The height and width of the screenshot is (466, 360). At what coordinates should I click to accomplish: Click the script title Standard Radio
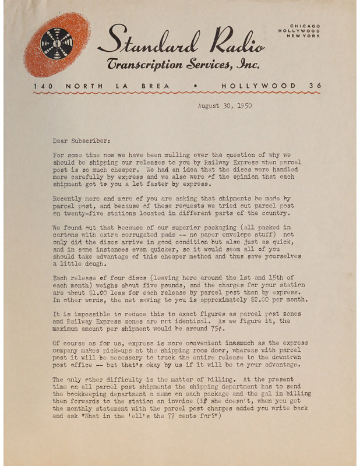[x=181, y=41]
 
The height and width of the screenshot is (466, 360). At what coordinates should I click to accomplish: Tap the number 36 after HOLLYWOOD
[x=315, y=86]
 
